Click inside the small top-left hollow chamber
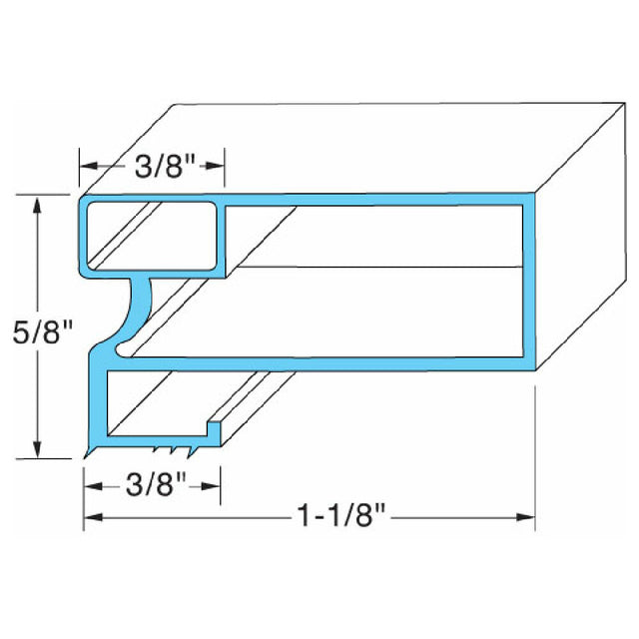tap(150, 236)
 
